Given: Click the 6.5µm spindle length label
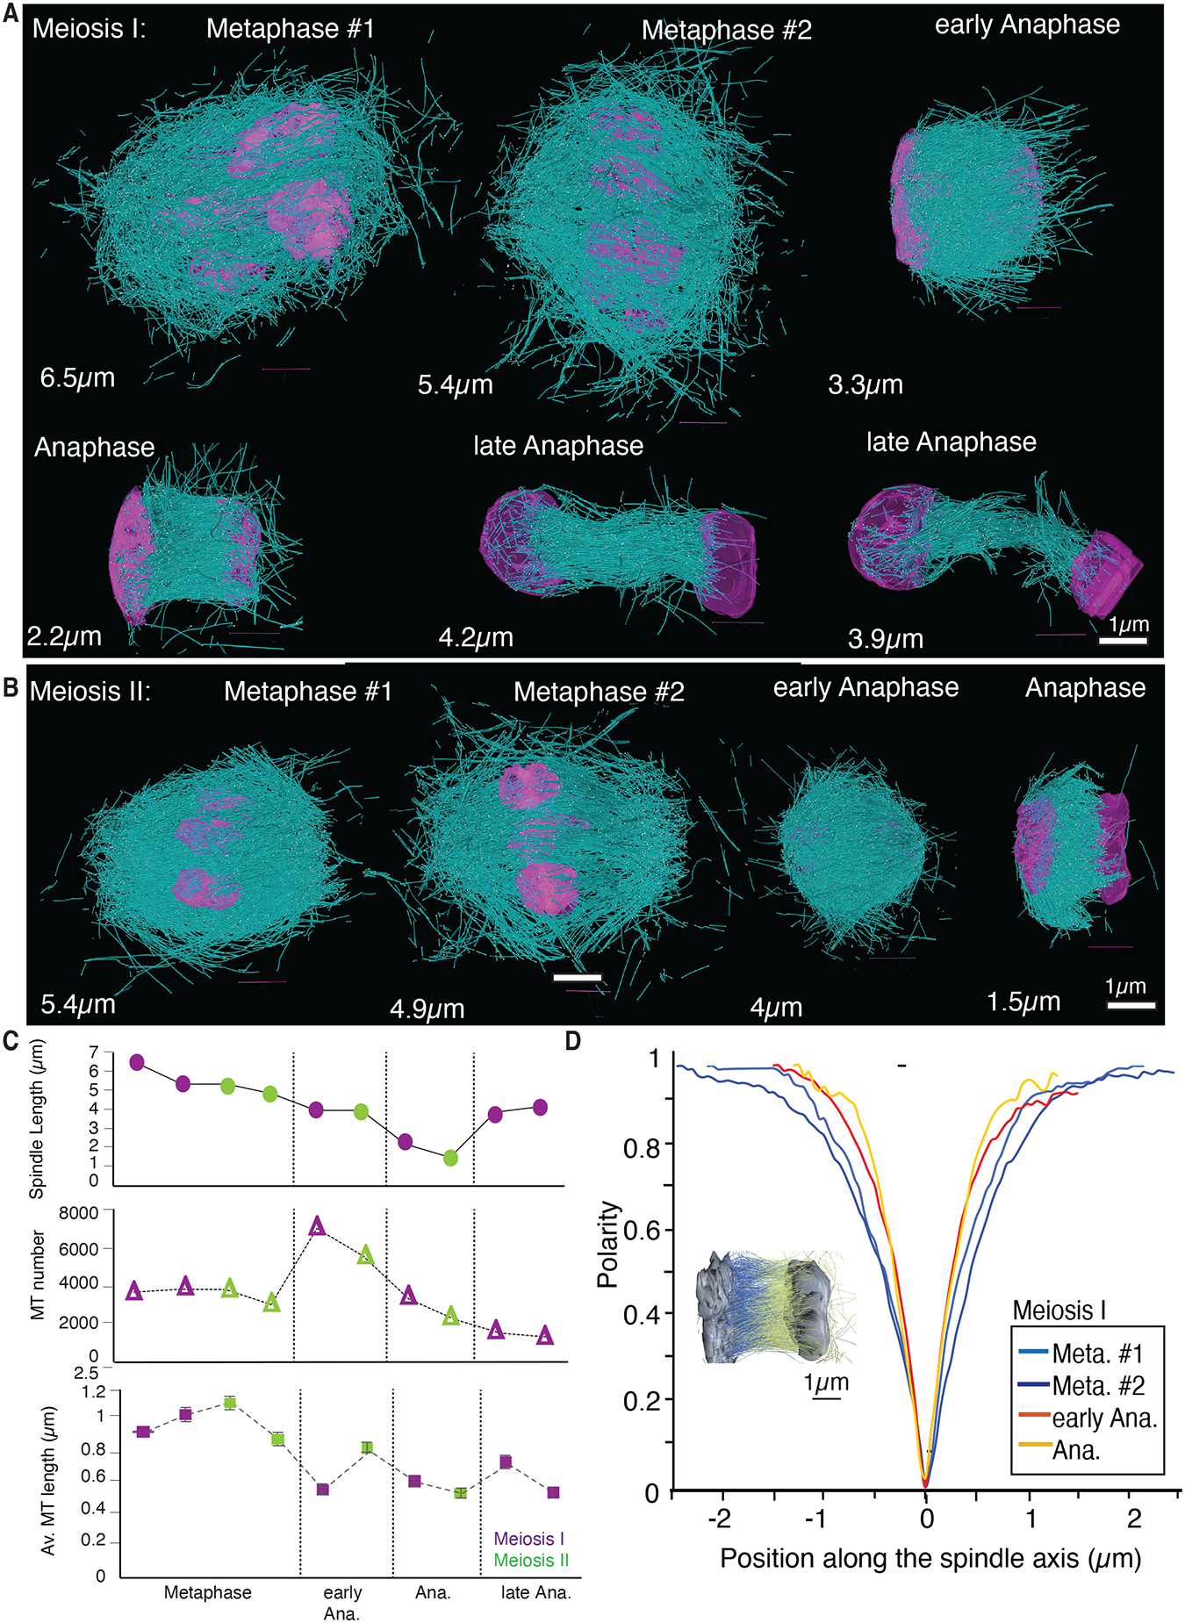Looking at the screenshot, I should point(77,378).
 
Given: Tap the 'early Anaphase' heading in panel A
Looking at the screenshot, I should point(1027,25).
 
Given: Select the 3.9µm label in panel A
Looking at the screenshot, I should point(886,639).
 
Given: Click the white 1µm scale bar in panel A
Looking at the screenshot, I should point(1124,642).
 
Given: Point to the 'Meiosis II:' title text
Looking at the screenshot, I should point(90,692).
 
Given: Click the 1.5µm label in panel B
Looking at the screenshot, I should point(1023,1002).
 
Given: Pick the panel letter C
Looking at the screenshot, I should point(11,1041).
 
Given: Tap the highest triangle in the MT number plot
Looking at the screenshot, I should point(318,1226).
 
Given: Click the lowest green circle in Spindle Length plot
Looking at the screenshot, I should point(450,1159).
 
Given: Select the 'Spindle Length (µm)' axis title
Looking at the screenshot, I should point(37,1119).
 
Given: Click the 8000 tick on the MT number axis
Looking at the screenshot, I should point(79,1214).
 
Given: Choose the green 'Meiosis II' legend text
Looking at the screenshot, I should point(531,1560).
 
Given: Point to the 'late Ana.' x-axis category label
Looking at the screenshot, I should point(535,1592).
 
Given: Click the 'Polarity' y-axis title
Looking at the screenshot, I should point(607,1244).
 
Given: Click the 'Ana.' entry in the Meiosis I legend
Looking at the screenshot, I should point(1076,1450).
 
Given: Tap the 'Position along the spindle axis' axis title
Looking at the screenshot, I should point(930,1559).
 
